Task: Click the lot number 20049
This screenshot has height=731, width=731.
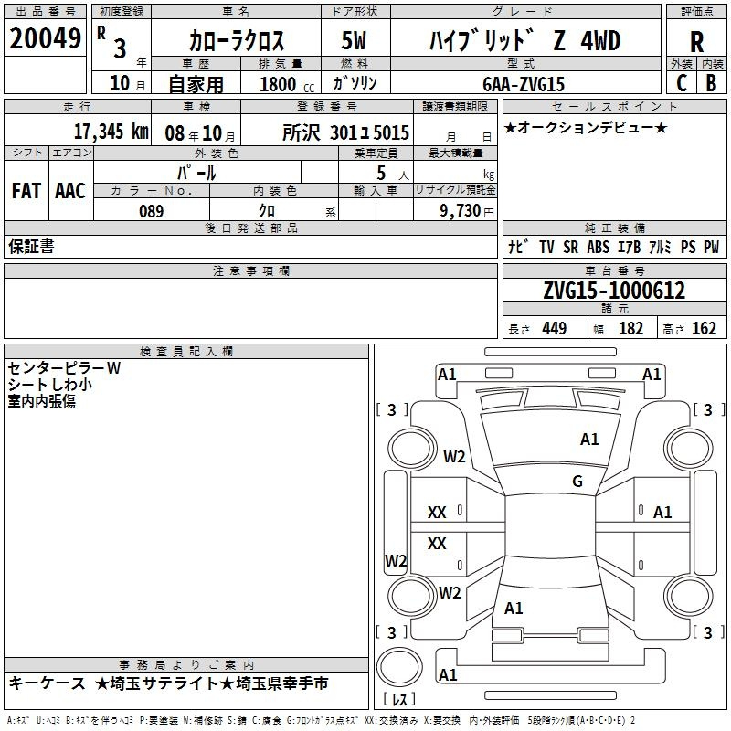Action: pyautogui.click(x=45, y=38)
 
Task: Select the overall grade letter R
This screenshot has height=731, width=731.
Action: pyautogui.click(x=696, y=42)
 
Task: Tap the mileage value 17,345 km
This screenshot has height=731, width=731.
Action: pyautogui.click(x=111, y=132)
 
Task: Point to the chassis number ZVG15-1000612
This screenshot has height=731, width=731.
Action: pyautogui.click(x=614, y=291)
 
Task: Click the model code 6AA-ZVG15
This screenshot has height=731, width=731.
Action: pyautogui.click(x=523, y=84)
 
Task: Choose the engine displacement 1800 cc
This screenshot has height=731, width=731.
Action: pyautogui.click(x=287, y=84)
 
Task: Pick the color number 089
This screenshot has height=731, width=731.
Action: pyautogui.click(x=151, y=211)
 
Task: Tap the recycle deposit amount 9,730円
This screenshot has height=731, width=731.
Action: pyautogui.click(x=467, y=211)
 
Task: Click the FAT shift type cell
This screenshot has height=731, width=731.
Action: pyautogui.click(x=26, y=191)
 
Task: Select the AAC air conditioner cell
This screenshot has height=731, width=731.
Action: pyautogui.click(x=70, y=191)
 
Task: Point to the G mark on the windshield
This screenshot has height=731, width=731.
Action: pyautogui.click(x=577, y=481)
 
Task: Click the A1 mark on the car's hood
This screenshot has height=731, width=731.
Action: pyautogui.click(x=588, y=440)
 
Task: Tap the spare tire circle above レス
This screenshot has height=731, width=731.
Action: pyautogui.click(x=399, y=667)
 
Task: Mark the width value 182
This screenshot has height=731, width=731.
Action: pyautogui.click(x=630, y=328)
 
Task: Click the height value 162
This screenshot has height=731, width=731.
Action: pyautogui.click(x=704, y=328)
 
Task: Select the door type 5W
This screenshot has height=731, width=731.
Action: pyautogui.click(x=354, y=40)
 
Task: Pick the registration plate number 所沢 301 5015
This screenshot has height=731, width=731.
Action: pyautogui.click(x=345, y=132)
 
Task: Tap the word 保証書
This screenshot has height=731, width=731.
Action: pyautogui.click(x=31, y=247)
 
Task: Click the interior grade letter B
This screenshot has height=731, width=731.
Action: pyautogui.click(x=711, y=83)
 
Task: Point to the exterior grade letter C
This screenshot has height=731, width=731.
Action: pyautogui.click(x=682, y=83)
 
